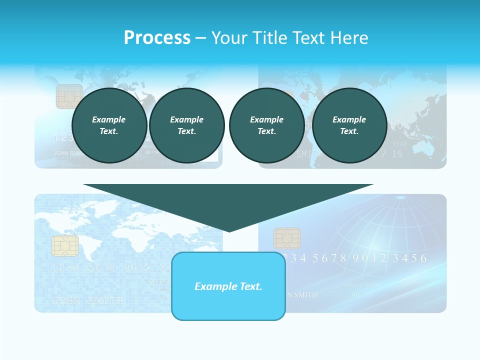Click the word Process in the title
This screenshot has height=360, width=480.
(x=157, y=38)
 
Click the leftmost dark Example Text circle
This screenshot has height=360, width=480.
(x=109, y=125)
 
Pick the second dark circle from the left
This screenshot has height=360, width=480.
(x=187, y=125)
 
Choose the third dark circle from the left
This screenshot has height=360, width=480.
(x=266, y=125)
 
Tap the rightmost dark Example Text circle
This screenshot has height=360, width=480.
(x=349, y=125)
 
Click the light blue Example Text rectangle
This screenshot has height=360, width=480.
(x=228, y=286)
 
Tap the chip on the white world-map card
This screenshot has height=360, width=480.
(x=65, y=245)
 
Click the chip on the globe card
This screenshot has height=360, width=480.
(x=287, y=238)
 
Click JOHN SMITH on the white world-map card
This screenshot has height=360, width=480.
(x=87, y=301)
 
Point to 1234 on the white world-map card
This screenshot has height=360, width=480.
(x=65, y=268)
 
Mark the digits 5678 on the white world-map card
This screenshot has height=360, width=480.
(x=101, y=268)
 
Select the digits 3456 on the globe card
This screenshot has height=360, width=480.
(x=409, y=258)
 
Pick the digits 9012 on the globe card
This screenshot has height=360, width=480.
(x=369, y=258)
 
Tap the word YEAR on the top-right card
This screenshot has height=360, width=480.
(x=400, y=144)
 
